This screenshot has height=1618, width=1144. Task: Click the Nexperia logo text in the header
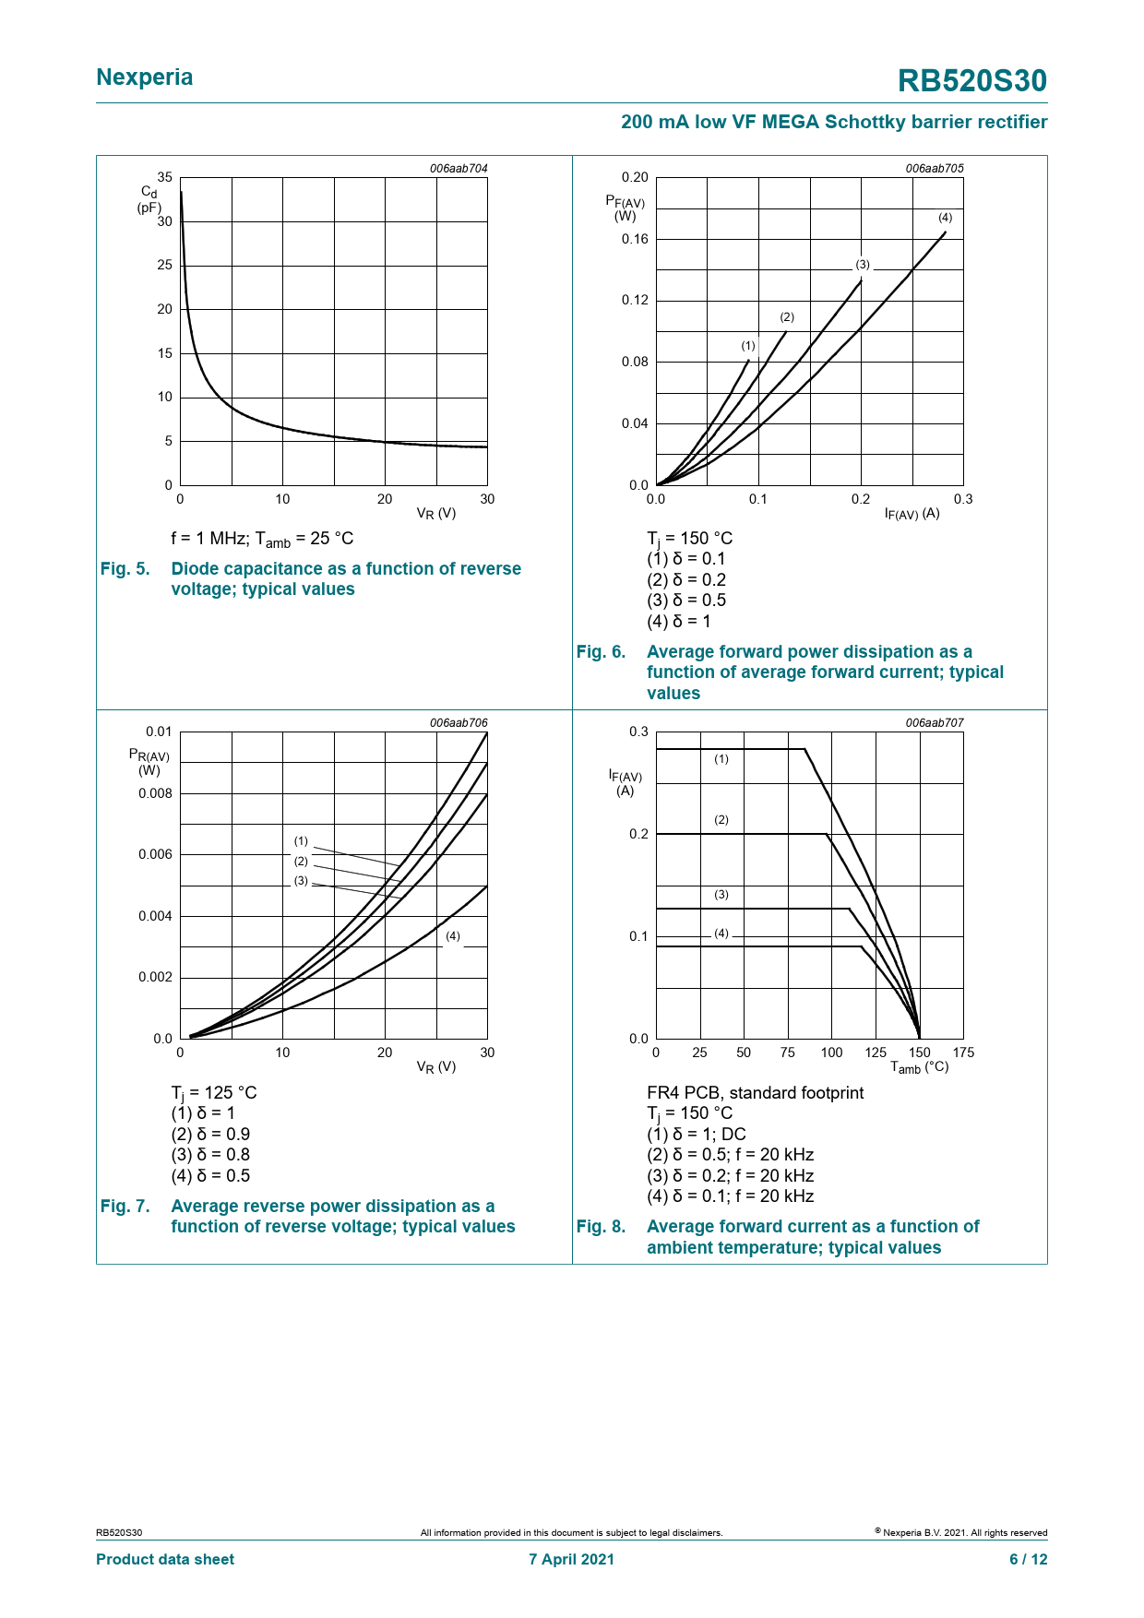pyautogui.click(x=145, y=77)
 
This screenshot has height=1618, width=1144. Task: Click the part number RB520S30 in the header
pyautogui.click(x=972, y=81)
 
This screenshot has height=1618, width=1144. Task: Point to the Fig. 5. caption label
pyautogui.click(x=125, y=569)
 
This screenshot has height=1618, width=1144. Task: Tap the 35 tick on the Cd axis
pyautogui.click(x=164, y=177)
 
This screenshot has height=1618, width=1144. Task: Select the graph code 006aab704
pyautogui.click(x=459, y=169)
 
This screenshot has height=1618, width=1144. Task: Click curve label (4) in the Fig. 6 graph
pyautogui.click(x=946, y=218)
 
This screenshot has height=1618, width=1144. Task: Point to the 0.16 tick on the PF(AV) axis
pyautogui.click(x=635, y=239)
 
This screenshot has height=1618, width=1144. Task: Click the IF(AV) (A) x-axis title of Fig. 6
pyautogui.click(x=912, y=514)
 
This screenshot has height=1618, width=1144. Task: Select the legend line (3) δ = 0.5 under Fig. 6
pyautogui.click(x=686, y=601)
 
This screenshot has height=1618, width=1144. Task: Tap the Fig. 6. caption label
pyautogui.click(x=601, y=652)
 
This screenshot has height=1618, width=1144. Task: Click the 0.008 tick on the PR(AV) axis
pyautogui.click(x=155, y=793)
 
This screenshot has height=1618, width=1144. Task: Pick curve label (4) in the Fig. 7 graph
pyautogui.click(x=453, y=936)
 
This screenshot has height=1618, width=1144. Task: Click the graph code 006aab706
pyautogui.click(x=459, y=723)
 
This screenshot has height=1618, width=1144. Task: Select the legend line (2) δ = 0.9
pyautogui.click(x=210, y=1135)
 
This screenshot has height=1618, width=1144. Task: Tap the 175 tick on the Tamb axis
pyautogui.click(x=963, y=1053)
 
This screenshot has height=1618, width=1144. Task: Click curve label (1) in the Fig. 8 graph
pyautogui.click(x=721, y=759)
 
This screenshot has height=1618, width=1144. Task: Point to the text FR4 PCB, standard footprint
pyautogui.click(x=756, y=1093)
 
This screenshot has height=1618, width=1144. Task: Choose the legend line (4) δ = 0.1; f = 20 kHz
pyautogui.click(x=731, y=1196)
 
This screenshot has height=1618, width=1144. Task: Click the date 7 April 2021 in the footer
pyautogui.click(x=571, y=1559)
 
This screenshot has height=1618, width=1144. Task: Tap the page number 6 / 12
pyautogui.click(x=1029, y=1559)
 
